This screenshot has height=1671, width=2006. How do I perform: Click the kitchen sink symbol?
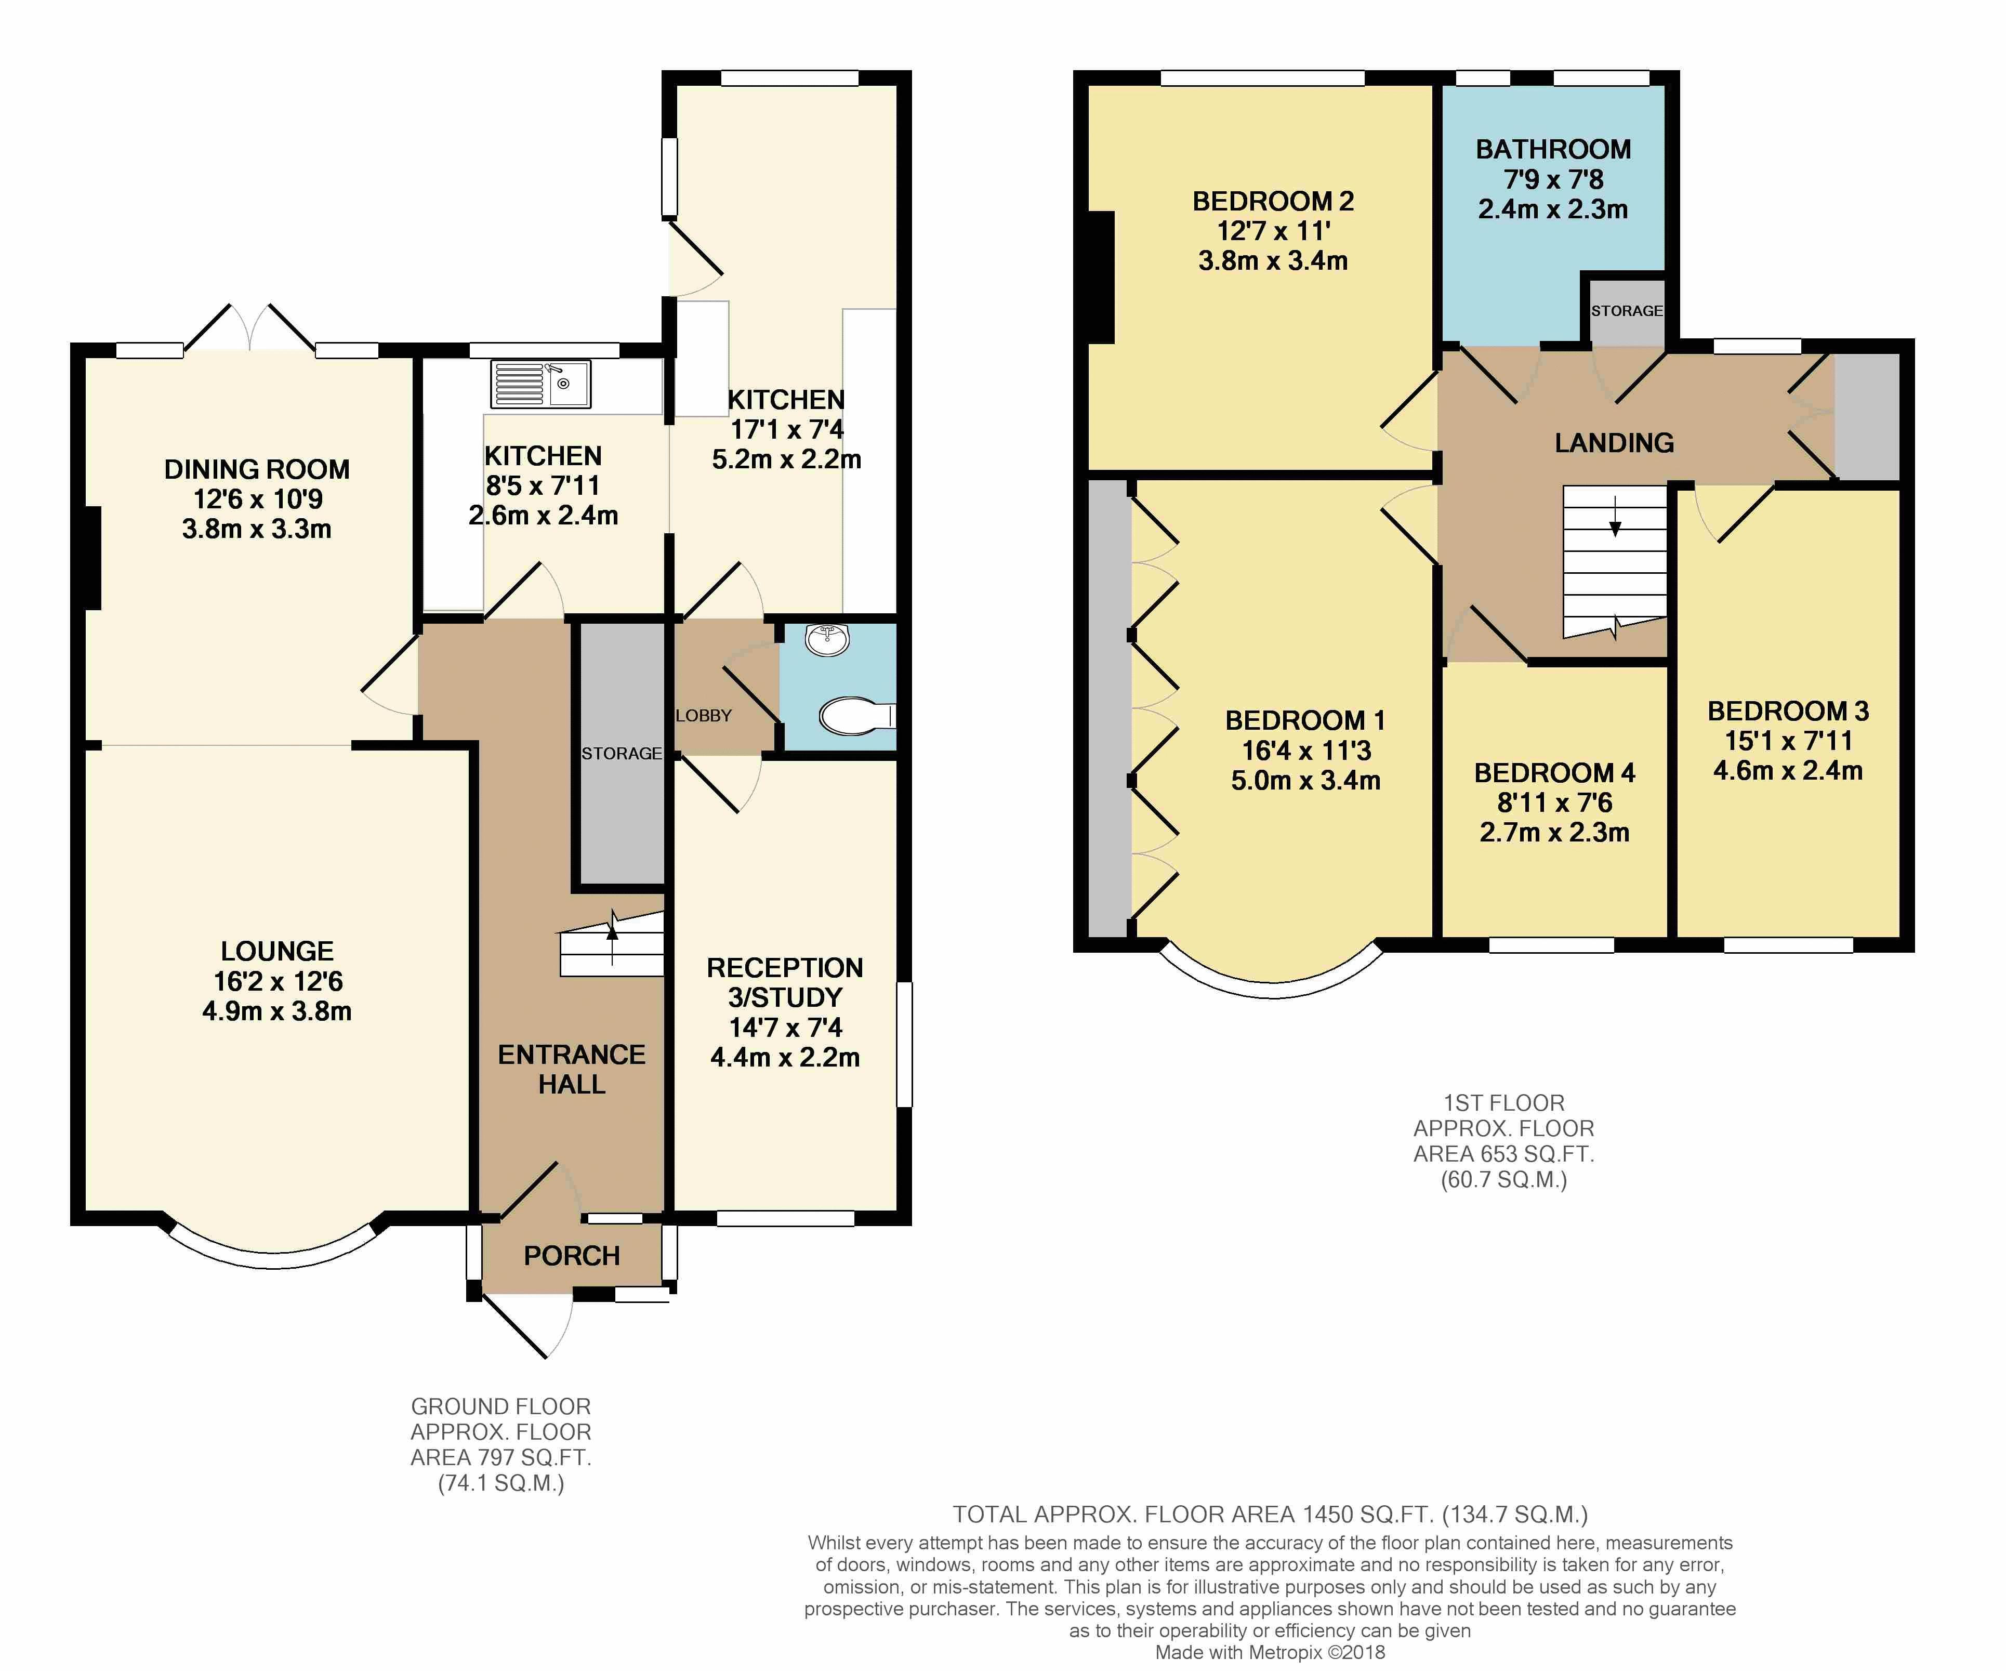540,384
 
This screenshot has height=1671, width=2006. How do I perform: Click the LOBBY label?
704,716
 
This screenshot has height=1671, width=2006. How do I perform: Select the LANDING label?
1614,442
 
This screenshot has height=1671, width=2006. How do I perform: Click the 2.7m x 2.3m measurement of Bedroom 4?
1554,832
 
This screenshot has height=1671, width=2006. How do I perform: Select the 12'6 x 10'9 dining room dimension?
258,499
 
